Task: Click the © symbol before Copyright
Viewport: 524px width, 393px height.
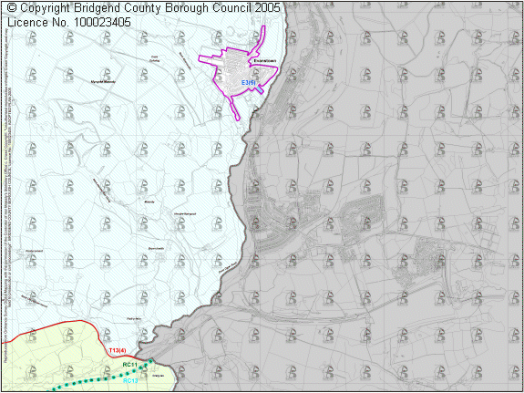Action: point(11,7)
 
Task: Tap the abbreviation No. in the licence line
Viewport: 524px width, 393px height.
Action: point(66,22)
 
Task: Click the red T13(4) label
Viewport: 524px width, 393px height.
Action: point(117,350)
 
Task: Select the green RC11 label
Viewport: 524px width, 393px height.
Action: point(129,366)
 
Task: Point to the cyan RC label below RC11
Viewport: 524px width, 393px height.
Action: point(129,380)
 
